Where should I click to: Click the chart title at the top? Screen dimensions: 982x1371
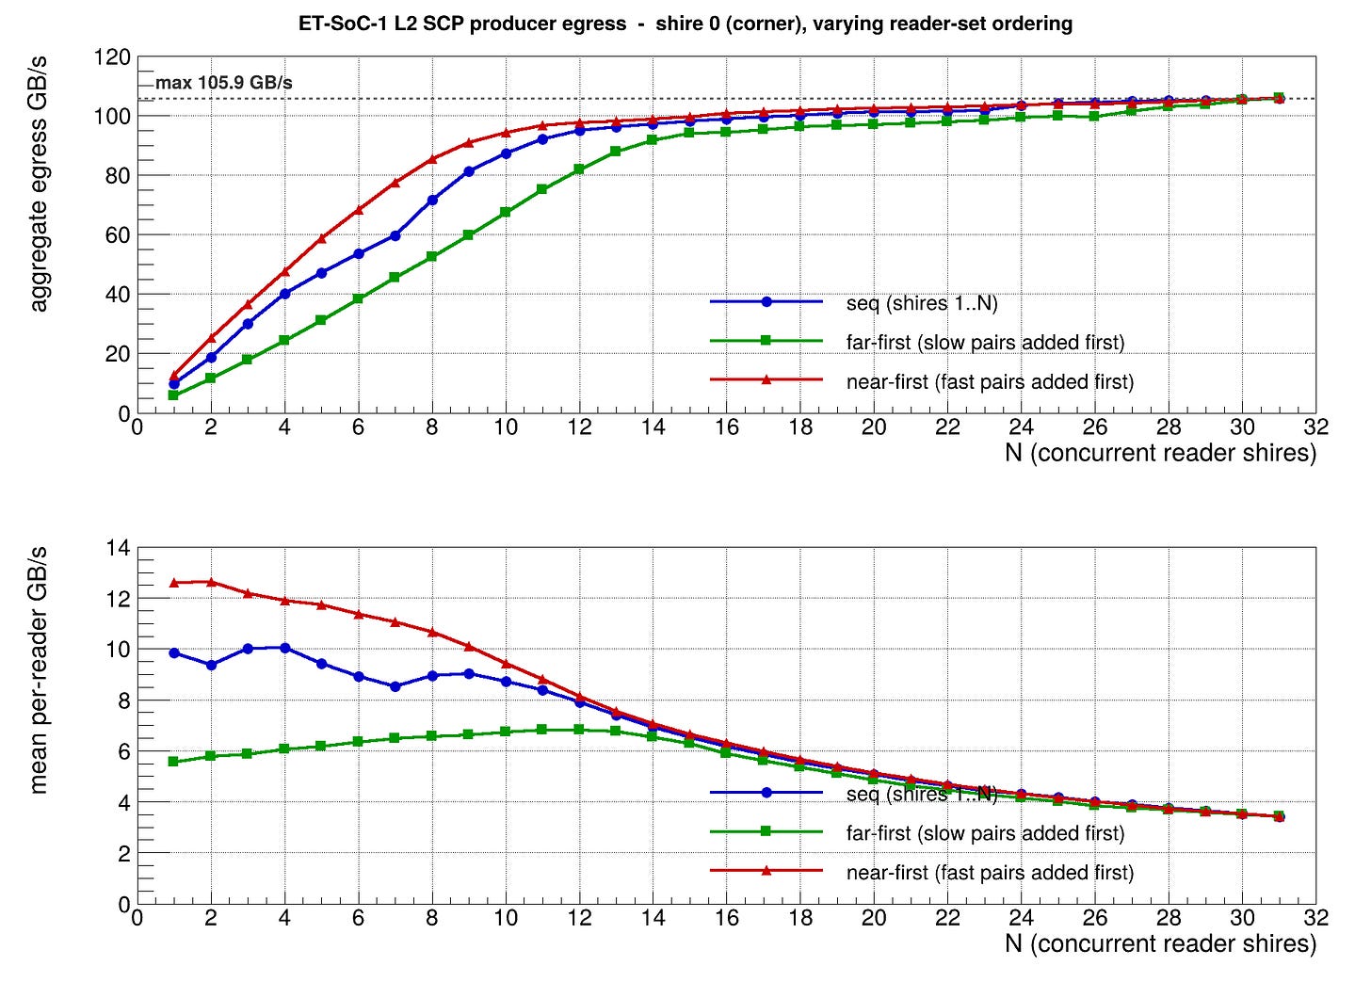(685, 24)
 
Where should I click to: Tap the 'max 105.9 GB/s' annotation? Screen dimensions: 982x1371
(224, 83)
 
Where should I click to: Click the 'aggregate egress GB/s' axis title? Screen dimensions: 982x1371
(39, 185)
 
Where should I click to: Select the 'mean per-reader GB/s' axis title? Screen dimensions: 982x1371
(39, 669)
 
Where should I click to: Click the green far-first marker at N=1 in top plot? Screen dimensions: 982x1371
(173, 395)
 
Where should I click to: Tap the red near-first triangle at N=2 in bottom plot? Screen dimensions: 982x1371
(211, 582)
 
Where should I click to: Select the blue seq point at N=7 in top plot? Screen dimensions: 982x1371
(395, 235)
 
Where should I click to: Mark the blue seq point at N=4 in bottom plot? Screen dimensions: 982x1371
(284, 648)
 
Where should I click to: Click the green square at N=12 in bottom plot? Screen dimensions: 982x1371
(579, 730)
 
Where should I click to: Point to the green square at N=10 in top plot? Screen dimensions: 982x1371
(506, 212)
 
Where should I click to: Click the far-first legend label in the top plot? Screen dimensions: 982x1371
(985, 343)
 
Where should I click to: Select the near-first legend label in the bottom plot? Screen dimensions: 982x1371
(990, 873)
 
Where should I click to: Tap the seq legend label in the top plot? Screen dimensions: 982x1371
(922, 303)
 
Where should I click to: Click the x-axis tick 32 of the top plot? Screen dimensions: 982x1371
(1315, 427)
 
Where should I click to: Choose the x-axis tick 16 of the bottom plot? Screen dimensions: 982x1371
(726, 918)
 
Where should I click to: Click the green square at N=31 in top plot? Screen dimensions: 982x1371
(1279, 98)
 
